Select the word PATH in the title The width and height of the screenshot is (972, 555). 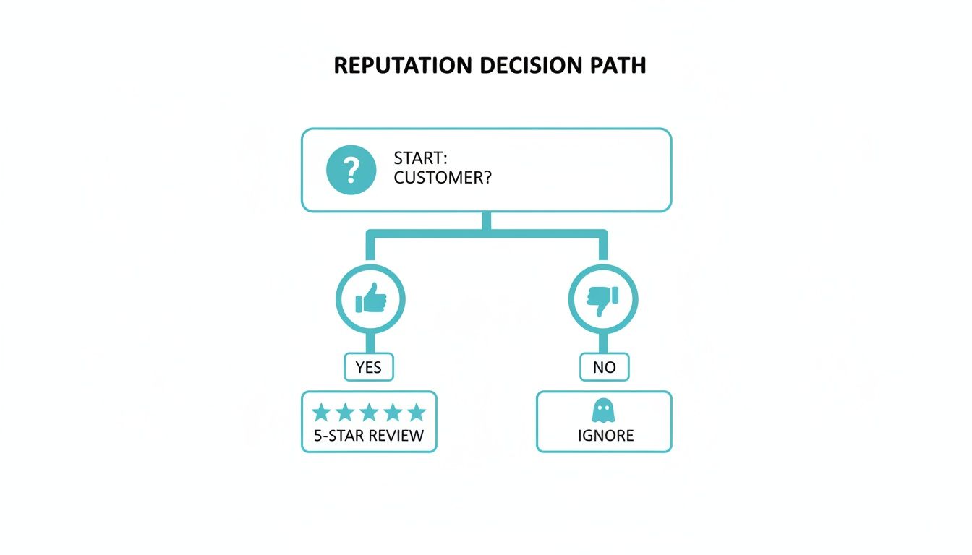pyautogui.click(x=618, y=65)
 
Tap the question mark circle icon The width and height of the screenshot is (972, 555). pyautogui.click(x=351, y=170)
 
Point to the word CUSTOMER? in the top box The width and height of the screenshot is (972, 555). pyautogui.click(x=443, y=178)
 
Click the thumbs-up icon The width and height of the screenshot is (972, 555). pyautogui.click(x=371, y=298)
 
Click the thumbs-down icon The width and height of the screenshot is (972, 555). pyautogui.click(x=603, y=298)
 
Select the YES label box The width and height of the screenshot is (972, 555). pyautogui.click(x=368, y=367)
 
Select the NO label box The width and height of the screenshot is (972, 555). pyautogui.click(x=604, y=367)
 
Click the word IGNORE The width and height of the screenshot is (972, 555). pyautogui.click(x=605, y=436)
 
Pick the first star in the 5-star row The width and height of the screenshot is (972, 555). pyautogui.click(x=321, y=413)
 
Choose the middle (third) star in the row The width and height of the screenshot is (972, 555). pyautogui.click(x=369, y=413)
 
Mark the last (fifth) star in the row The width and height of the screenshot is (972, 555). pyautogui.click(x=417, y=413)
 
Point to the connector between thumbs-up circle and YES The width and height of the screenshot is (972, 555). pyautogui.click(x=371, y=343)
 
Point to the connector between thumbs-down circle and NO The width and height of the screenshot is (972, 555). pyautogui.click(x=603, y=343)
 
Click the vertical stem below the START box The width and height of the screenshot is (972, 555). pyautogui.click(x=487, y=220)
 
